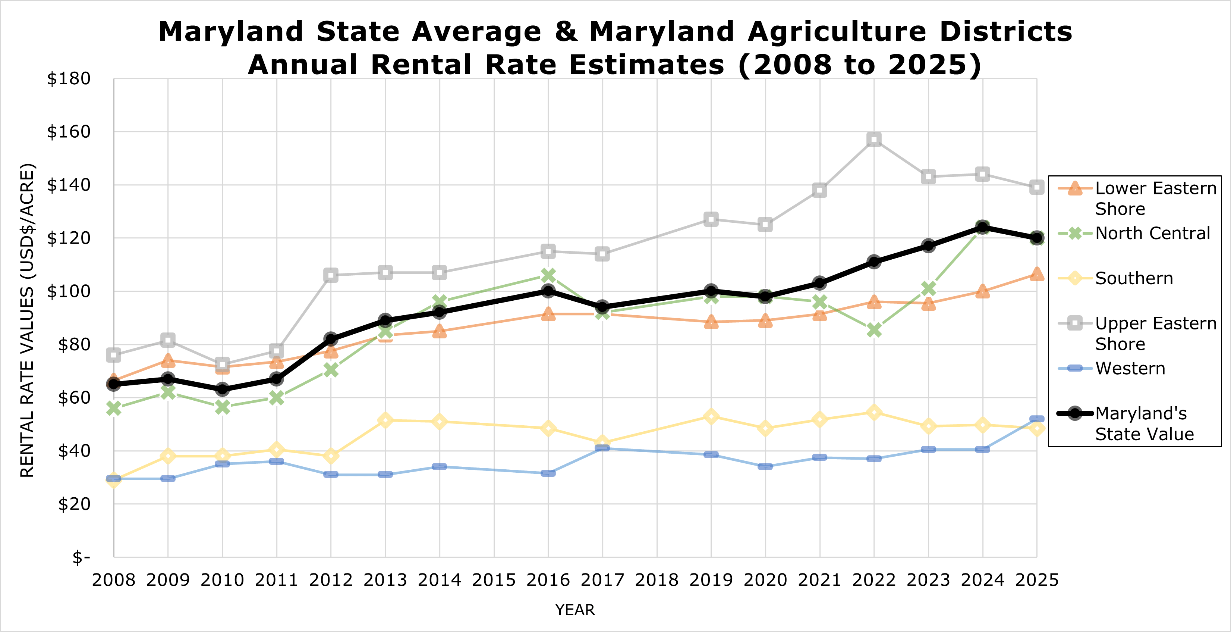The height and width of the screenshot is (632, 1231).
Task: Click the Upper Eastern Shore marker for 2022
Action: (x=874, y=140)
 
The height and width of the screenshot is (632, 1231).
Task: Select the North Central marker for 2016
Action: (x=548, y=275)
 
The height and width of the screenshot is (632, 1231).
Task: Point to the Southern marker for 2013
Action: (x=385, y=420)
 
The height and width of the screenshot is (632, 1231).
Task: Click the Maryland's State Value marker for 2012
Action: (x=331, y=339)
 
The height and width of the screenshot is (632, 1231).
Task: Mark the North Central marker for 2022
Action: (x=874, y=330)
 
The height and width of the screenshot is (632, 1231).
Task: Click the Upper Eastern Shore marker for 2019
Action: (x=711, y=219)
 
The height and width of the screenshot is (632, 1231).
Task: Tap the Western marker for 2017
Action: (x=602, y=448)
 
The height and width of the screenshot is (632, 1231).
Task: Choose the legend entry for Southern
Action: (x=1134, y=278)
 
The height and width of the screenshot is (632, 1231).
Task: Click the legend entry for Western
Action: (x=1130, y=368)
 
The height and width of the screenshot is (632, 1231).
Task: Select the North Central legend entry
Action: (x=1152, y=233)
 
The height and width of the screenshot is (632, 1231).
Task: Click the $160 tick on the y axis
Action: (x=68, y=132)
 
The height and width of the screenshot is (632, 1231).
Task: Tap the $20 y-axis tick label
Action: (x=74, y=504)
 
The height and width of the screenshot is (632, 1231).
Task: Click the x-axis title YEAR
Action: (x=575, y=610)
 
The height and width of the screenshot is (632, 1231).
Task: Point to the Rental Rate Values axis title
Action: (x=27, y=320)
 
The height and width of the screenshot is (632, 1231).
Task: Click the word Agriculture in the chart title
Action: (x=836, y=32)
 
